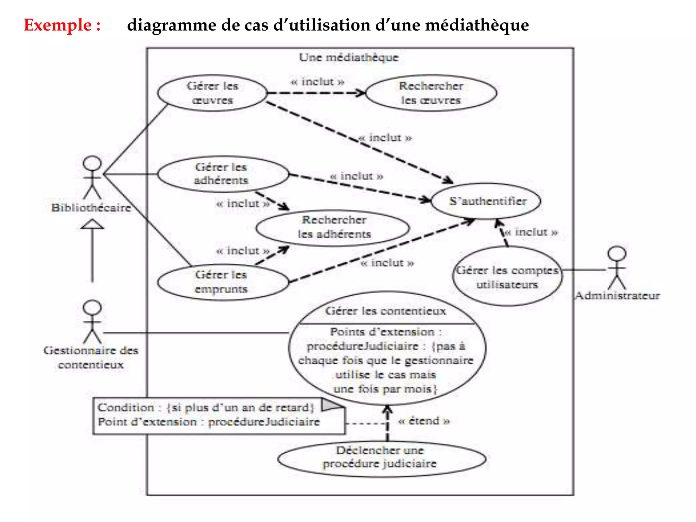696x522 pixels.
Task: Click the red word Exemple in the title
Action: tap(58, 25)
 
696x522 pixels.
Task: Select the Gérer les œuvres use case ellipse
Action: tap(212, 93)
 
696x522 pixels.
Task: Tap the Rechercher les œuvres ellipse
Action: tap(431, 93)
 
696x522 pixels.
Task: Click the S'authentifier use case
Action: tap(486, 201)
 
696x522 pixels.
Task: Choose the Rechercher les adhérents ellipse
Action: tap(333, 227)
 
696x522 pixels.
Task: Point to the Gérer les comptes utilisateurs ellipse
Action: tap(507, 277)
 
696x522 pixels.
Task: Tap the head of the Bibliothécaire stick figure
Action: tap(92, 163)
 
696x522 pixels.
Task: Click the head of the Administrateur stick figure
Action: tap(617, 254)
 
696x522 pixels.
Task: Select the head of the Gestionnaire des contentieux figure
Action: tap(92, 308)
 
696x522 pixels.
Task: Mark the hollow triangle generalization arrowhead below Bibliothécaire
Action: tap(92, 224)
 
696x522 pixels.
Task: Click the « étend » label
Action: tap(424, 421)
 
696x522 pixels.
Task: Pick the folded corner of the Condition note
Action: tap(331, 404)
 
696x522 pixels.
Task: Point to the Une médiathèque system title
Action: tap(349, 57)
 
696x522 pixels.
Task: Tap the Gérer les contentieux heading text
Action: tap(385, 311)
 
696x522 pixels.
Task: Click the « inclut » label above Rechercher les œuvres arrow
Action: tap(317, 82)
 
